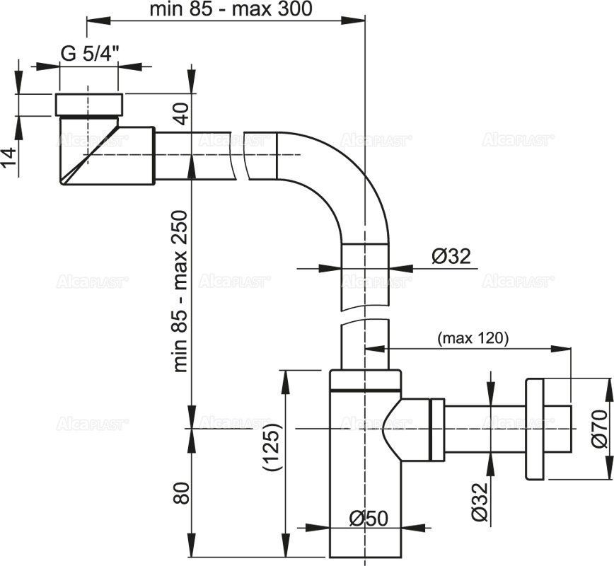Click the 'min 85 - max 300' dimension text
(x=231, y=9)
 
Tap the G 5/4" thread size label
(x=91, y=54)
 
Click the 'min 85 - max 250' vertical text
(x=181, y=290)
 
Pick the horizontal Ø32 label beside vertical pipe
(x=451, y=255)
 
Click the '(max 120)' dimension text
(x=473, y=338)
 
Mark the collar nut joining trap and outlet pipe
(x=436, y=428)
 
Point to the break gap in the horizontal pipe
(x=238, y=156)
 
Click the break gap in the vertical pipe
(x=365, y=316)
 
